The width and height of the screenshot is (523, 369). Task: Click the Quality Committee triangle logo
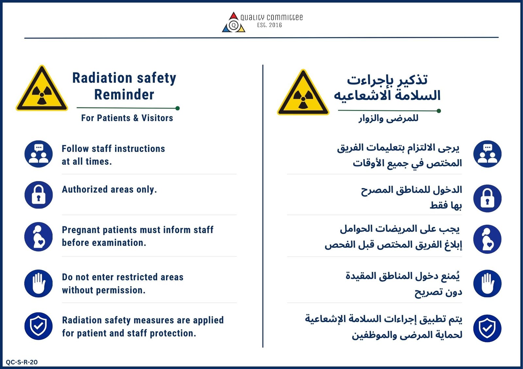pyautogui.click(x=233, y=22)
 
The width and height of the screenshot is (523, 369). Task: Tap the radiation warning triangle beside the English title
pyautogui.click(x=42, y=88)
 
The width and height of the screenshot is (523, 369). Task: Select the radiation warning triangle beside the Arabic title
pyautogui.click(x=303, y=92)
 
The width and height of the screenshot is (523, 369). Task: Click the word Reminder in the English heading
pyautogui.click(x=124, y=95)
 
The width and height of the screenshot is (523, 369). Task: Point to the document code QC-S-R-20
pyautogui.click(x=22, y=362)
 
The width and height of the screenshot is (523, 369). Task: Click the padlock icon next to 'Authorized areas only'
pyautogui.click(x=39, y=195)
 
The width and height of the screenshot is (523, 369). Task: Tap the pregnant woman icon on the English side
pyautogui.click(x=39, y=237)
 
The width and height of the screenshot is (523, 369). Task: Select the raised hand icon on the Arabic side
pyautogui.click(x=487, y=284)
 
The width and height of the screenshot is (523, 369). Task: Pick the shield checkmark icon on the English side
pyautogui.click(x=39, y=326)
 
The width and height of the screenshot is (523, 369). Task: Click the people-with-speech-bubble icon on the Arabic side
pyautogui.click(x=487, y=154)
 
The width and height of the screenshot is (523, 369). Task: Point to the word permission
pyautogui.click(x=121, y=290)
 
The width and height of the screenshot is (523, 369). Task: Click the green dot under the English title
pyautogui.click(x=177, y=108)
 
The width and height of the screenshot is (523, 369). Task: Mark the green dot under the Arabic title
pyautogui.click(x=439, y=111)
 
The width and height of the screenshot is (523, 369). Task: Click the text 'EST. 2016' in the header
pyautogui.click(x=269, y=25)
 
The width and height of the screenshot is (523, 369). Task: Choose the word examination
pyautogui.click(x=119, y=243)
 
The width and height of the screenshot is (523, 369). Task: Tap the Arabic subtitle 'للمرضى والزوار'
pyautogui.click(x=389, y=118)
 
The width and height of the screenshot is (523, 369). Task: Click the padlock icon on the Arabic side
pyautogui.click(x=487, y=198)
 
